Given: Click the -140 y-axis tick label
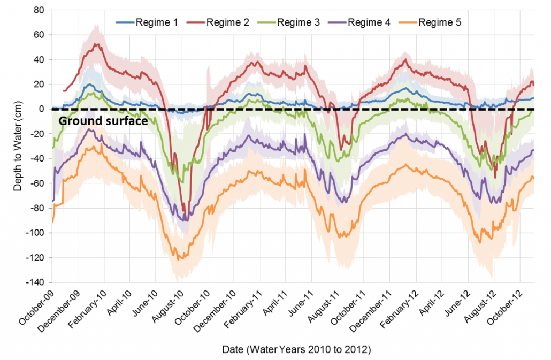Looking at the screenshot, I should tap(36, 282).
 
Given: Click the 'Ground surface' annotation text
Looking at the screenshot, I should tap(103, 121).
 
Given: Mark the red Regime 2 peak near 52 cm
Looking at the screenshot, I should tap(97, 44).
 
